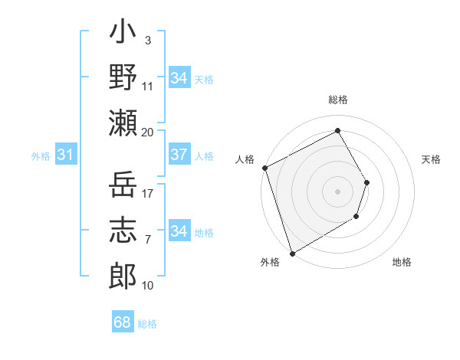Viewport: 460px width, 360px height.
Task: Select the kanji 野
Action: point(123,77)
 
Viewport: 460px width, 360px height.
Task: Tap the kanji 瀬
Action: point(123,123)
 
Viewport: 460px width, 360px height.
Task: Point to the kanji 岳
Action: point(123,185)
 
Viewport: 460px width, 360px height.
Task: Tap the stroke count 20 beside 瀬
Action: point(148,132)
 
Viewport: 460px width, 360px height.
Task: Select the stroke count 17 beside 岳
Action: point(148,194)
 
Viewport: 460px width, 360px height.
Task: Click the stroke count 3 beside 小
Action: point(147,41)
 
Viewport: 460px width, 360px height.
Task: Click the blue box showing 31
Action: point(66,155)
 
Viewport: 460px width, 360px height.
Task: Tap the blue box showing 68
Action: point(123,322)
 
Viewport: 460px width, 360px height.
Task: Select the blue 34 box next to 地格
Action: point(179,231)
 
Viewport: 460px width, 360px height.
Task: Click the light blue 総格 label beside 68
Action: point(147,324)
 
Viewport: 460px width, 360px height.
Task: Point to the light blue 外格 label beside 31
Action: point(41,156)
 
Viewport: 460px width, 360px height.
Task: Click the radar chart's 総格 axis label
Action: point(337,100)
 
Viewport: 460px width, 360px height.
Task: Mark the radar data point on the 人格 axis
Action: point(264,168)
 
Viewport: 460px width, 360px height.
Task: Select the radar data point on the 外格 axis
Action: point(292,253)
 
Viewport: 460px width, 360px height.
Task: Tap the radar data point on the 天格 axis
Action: point(367,182)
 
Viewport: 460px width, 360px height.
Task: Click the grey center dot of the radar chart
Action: point(337,191)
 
